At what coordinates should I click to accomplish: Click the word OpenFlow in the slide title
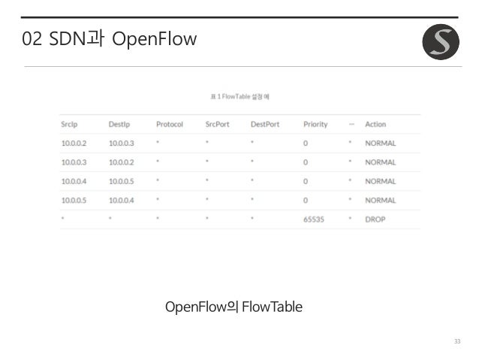153,39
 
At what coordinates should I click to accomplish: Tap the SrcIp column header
71,124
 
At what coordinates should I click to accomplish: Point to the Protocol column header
170,124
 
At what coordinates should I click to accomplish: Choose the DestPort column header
265,124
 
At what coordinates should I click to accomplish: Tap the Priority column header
315,124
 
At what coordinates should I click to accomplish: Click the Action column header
375,124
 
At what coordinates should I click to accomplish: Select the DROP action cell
375,219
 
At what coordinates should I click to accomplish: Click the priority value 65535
315,219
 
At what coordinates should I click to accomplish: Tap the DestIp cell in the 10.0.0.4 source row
122,181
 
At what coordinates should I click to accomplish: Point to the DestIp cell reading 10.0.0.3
122,143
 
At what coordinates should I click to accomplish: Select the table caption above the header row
239,97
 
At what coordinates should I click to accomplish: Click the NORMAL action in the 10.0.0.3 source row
380,162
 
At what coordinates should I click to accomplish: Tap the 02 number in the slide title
32,39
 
